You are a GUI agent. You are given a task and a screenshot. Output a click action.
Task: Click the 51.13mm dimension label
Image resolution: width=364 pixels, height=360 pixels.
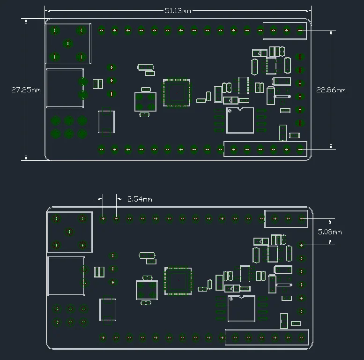coord(178,11)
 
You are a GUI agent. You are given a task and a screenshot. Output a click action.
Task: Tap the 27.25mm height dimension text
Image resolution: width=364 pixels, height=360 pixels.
coord(26,90)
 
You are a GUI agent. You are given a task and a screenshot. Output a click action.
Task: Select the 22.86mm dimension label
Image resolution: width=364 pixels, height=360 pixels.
coord(331,90)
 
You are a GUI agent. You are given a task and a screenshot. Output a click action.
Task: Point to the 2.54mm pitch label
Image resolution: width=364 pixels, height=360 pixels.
coord(140,199)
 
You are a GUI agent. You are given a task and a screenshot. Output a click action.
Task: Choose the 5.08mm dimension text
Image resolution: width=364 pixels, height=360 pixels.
coord(330,232)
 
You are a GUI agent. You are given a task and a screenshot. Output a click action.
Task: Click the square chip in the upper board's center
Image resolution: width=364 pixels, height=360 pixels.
coord(177,93)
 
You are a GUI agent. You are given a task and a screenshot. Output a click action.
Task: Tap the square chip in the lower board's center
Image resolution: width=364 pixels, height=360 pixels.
coord(178,281)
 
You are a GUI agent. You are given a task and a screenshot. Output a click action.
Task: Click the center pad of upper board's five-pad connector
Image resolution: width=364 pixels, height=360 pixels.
coord(68,44)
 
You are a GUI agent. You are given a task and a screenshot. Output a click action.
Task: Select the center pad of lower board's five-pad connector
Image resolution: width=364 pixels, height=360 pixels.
coord(69,232)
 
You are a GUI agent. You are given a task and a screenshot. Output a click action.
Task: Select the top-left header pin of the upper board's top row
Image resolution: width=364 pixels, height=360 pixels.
coord(102,30)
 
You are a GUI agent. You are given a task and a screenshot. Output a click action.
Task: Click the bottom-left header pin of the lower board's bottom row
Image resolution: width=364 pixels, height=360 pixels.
coord(103,337)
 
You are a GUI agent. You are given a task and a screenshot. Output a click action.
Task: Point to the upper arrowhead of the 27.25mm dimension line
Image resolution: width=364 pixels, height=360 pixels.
coord(26,21)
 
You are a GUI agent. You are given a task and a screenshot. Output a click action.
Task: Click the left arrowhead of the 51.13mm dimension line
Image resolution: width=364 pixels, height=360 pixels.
coord(47,11)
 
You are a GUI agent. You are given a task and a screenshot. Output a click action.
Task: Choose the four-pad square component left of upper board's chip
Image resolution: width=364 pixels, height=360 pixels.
coord(146,102)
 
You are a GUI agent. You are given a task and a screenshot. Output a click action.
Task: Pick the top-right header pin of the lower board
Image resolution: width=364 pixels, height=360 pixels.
coord(301,218)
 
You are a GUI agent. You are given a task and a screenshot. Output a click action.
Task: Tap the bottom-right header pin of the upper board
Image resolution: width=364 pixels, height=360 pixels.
coord(300,150)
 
